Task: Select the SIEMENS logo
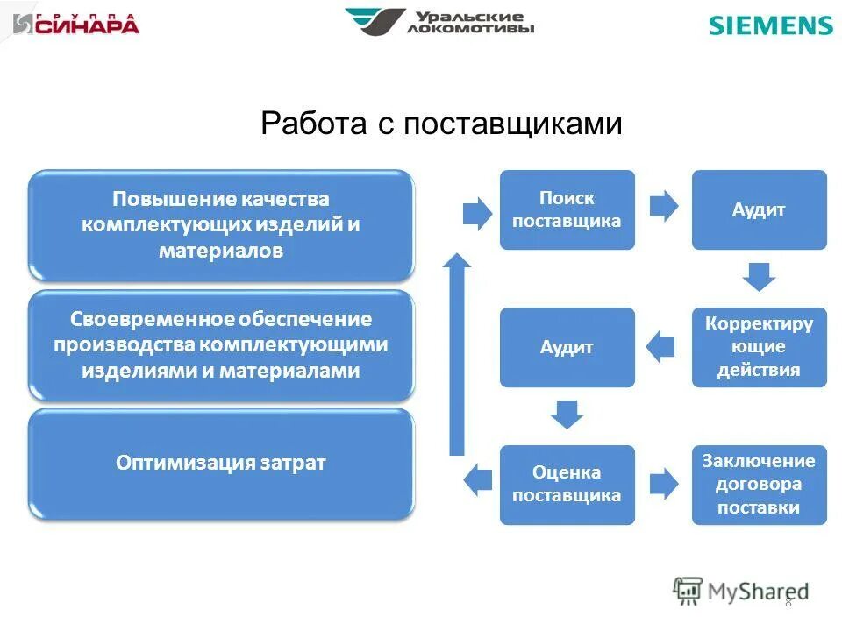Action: (770, 25)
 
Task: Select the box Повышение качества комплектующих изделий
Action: (221, 225)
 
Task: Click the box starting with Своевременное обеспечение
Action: (221, 344)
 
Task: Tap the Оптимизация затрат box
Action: (221, 463)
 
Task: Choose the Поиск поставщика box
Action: (567, 210)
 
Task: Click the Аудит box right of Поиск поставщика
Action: (759, 210)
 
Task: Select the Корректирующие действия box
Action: (759, 347)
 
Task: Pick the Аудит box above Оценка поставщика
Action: (567, 347)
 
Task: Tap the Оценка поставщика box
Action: (567, 485)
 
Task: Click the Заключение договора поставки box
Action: (759, 485)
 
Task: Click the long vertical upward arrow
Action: (456, 355)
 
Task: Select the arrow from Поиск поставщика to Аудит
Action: (664, 207)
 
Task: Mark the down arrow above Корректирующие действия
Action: (759, 278)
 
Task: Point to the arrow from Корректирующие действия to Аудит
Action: (660, 347)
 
